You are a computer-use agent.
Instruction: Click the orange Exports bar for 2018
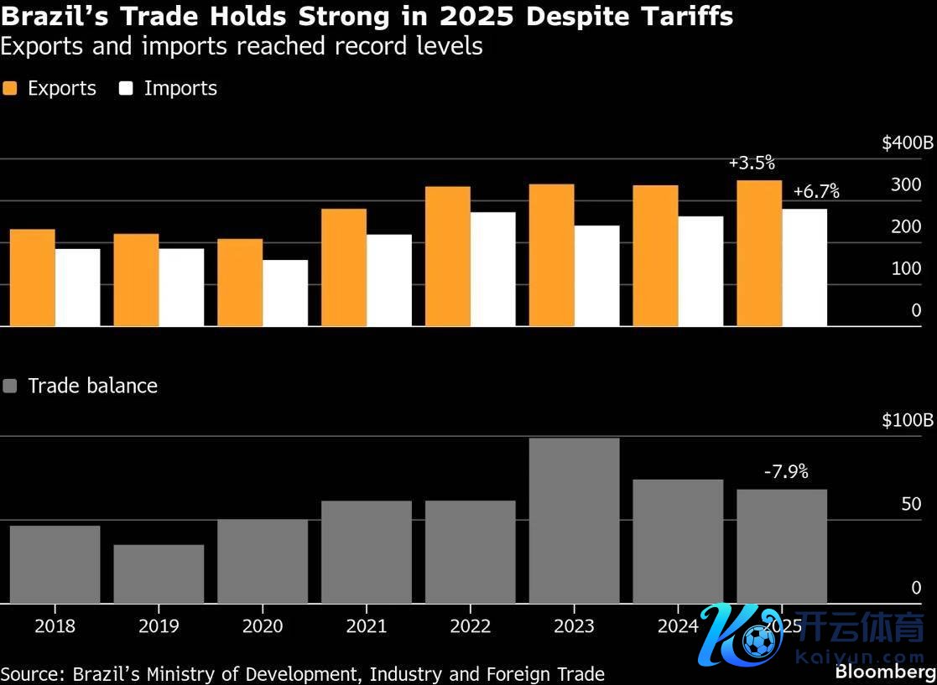pos(33,278)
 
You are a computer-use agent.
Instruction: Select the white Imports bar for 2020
pos(285,293)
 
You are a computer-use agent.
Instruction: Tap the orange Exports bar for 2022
pos(448,256)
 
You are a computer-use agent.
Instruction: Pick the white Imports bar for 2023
pos(596,275)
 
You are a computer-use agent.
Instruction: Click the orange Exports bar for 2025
pos(759,252)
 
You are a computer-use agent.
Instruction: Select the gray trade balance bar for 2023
pos(574,520)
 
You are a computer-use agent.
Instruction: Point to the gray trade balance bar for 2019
pos(159,573)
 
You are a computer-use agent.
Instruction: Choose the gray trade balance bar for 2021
pos(367,552)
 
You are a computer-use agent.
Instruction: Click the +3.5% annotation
pos(752,163)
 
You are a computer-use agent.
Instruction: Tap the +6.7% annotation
pos(816,192)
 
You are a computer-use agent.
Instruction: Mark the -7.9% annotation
pos(786,472)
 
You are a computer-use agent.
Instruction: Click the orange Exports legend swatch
pos(10,89)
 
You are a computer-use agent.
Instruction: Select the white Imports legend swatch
pos(126,89)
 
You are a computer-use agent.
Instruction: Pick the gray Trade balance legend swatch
pos(10,387)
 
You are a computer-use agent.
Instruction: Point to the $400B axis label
pos(907,143)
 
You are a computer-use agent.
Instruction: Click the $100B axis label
pos(907,421)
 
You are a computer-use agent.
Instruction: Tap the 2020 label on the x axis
pos(263,626)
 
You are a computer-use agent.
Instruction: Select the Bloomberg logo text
pos(885,672)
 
